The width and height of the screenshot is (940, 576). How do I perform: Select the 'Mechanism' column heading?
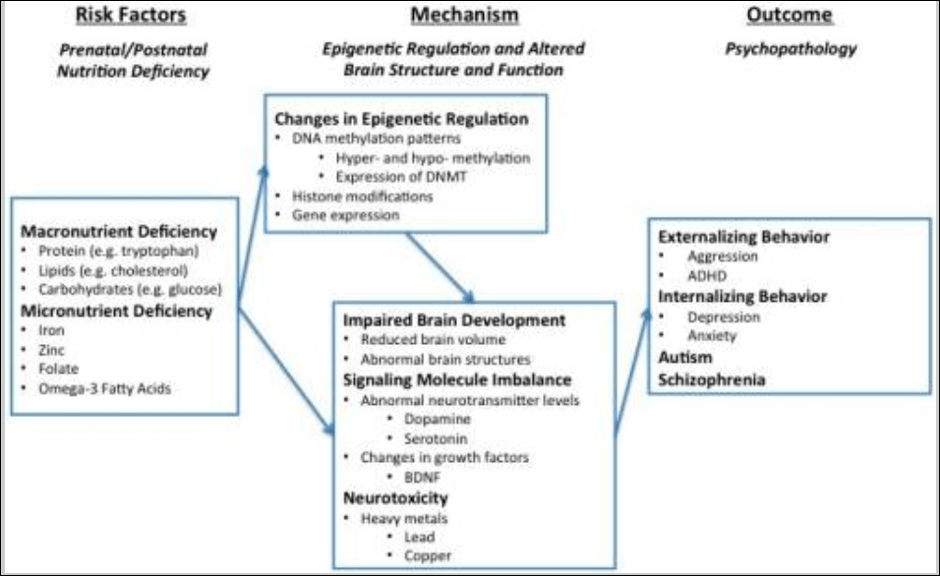pyautogui.click(x=464, y=15)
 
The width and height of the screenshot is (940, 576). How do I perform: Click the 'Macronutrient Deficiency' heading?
pyautogui.click(x=117, y=232)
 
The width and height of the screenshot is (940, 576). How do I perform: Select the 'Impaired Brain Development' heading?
pyautogui.click(x=453, y=320)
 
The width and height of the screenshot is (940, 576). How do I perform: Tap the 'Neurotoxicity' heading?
pyautogui.click(x=394, y=497)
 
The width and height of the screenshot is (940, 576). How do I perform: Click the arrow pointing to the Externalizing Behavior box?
pyautogui.click(x=632, y=369)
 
